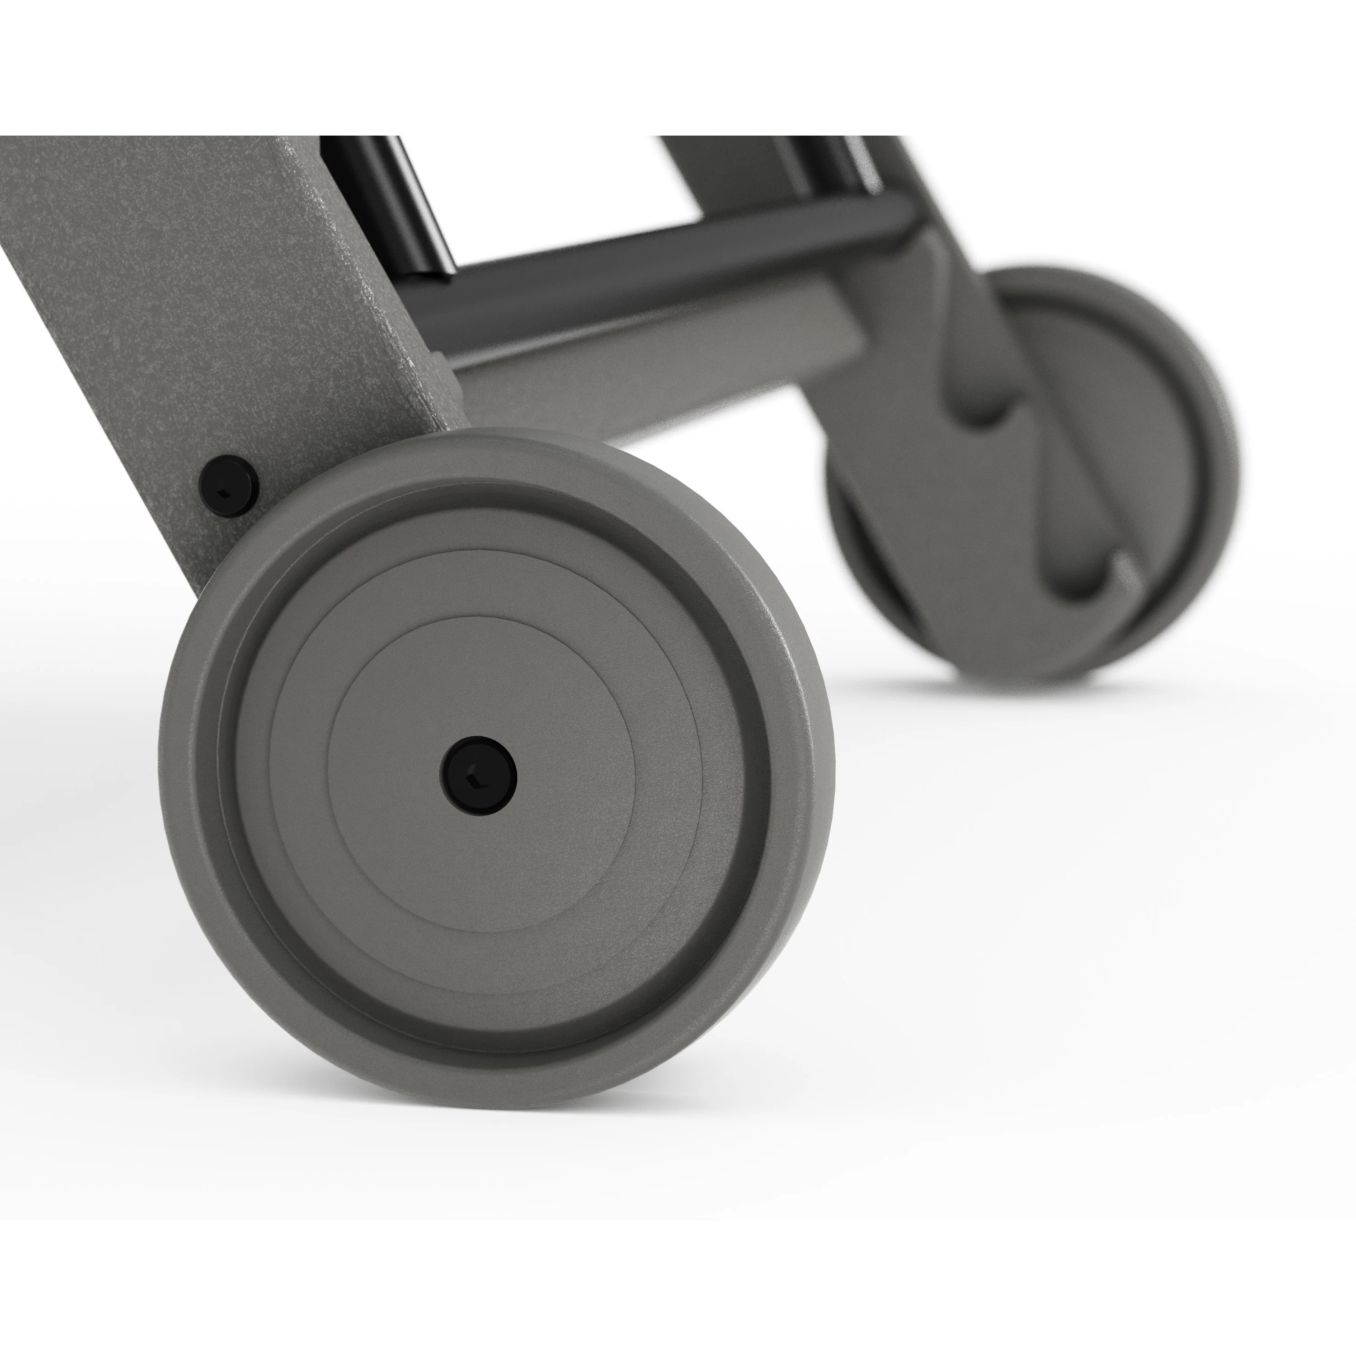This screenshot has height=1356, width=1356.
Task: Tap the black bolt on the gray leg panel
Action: tap(229, 486)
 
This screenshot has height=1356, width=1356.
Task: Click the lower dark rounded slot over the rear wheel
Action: tap(1074, 575)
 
